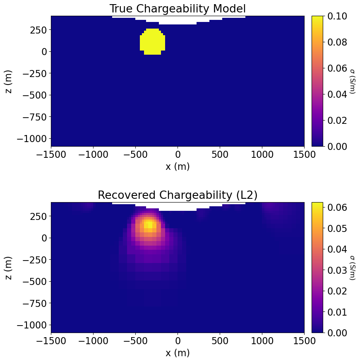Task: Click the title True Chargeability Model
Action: coord(178,9)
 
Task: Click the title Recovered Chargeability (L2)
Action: coord(178,195)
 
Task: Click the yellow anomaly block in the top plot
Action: coord(152,42)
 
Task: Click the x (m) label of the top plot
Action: coord(178,166)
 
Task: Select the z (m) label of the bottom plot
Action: coord(9,268)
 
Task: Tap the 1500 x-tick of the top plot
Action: coord(304,154)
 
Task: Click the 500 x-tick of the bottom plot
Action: coord(220,341)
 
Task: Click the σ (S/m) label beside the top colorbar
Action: coord(353,81)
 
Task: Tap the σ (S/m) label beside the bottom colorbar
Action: coord(353,268)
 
